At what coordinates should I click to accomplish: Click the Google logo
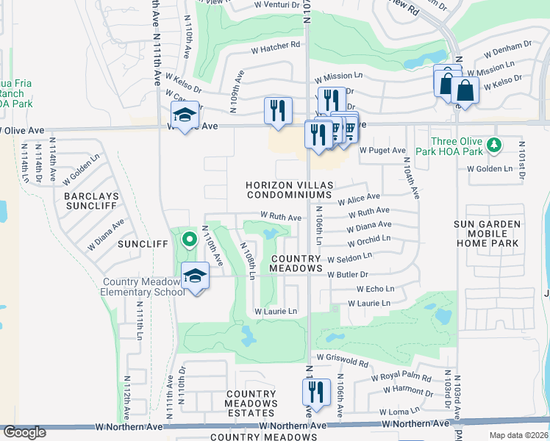click(x=24, y=432)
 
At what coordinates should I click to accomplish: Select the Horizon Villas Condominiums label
click(x=289, y=189)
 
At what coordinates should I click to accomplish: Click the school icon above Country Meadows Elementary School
click(x=195, y=276)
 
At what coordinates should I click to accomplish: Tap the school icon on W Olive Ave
click(x=185, y=115)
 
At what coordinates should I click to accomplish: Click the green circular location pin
click(x=189, y=238)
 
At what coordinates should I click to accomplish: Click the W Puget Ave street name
click(x=382, y=150)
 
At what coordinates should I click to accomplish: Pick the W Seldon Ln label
click(x=349, y=258)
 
